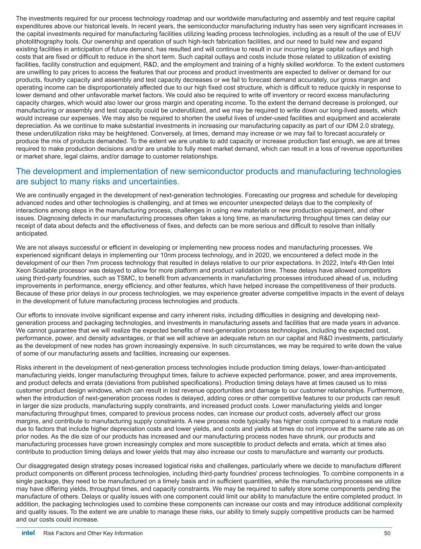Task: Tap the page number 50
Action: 387,533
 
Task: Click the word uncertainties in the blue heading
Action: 153,182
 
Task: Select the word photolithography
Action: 39,41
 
